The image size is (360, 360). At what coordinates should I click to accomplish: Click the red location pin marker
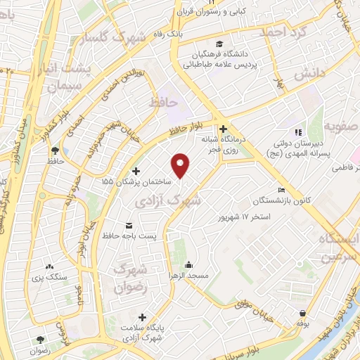[x=181, y=165]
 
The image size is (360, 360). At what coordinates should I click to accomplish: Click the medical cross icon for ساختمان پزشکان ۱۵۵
[x=136, y=171]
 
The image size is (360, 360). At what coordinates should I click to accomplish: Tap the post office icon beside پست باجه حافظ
[x=129, y=226]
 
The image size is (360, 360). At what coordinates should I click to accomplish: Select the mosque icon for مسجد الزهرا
[x=188, y=265]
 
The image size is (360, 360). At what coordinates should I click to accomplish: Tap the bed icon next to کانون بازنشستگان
[x=281, y=190]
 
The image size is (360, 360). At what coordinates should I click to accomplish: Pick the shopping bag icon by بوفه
[x=303, y=314]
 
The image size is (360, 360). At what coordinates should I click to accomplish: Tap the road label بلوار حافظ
[x=191, y=127]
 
